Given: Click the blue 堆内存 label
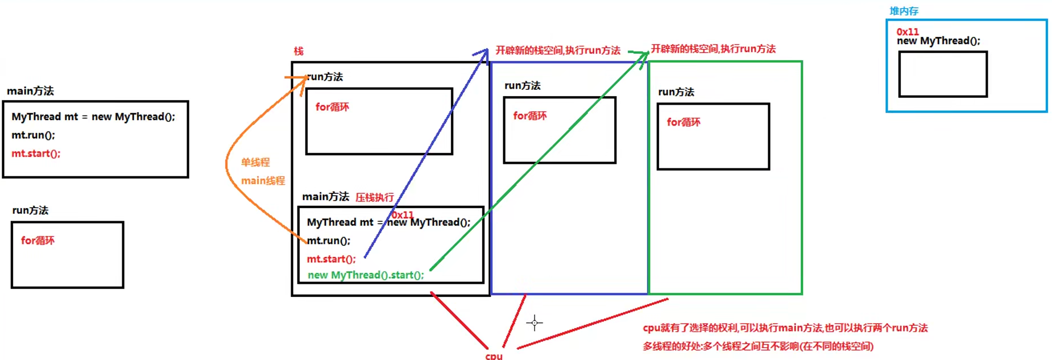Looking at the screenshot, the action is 904,11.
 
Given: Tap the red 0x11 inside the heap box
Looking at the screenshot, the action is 908,32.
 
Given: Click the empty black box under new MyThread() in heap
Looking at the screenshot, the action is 943,75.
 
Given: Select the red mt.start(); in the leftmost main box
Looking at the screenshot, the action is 36,154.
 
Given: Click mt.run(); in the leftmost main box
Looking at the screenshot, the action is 33,135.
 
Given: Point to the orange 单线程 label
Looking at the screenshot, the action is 255,163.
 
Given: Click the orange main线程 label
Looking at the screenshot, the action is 263,181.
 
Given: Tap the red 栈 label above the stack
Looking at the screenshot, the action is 299,51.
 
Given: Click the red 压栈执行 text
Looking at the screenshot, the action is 375,197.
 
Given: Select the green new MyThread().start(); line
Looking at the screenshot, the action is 366,275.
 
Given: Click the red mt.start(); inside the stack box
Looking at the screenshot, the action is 331,259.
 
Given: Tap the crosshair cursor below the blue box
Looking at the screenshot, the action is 535,323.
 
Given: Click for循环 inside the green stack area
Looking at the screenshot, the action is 684,122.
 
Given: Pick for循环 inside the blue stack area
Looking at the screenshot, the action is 530,116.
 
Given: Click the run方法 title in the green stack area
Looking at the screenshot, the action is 676,92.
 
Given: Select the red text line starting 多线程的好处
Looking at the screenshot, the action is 758,346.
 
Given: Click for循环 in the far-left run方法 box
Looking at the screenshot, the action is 38,241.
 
